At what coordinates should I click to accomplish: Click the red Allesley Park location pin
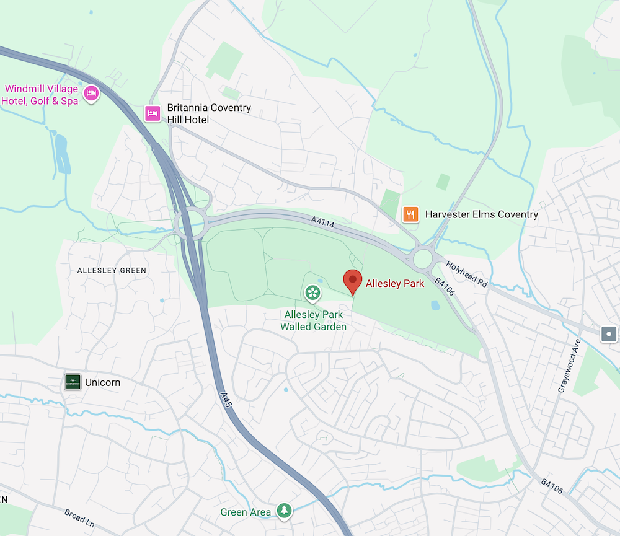[x=353, y=281]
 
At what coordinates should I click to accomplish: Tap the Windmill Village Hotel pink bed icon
[x=91, y=94]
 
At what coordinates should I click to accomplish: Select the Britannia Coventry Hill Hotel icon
[x=153, y=113]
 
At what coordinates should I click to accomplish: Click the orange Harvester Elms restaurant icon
[x=410, y=214]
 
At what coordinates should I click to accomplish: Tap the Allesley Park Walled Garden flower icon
[x=313, y=292]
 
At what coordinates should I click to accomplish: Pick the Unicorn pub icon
[x=73, y=382]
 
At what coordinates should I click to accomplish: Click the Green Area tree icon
[x=284, y=511]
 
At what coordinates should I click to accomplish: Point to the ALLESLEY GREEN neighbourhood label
[x=112, y=270]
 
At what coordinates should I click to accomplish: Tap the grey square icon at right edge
[x=609, y=335]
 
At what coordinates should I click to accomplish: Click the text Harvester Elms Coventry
[x=481, y=214]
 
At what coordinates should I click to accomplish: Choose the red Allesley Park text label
[x=395, y=284]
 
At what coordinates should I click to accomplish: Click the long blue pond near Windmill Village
[x=61, y=152]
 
